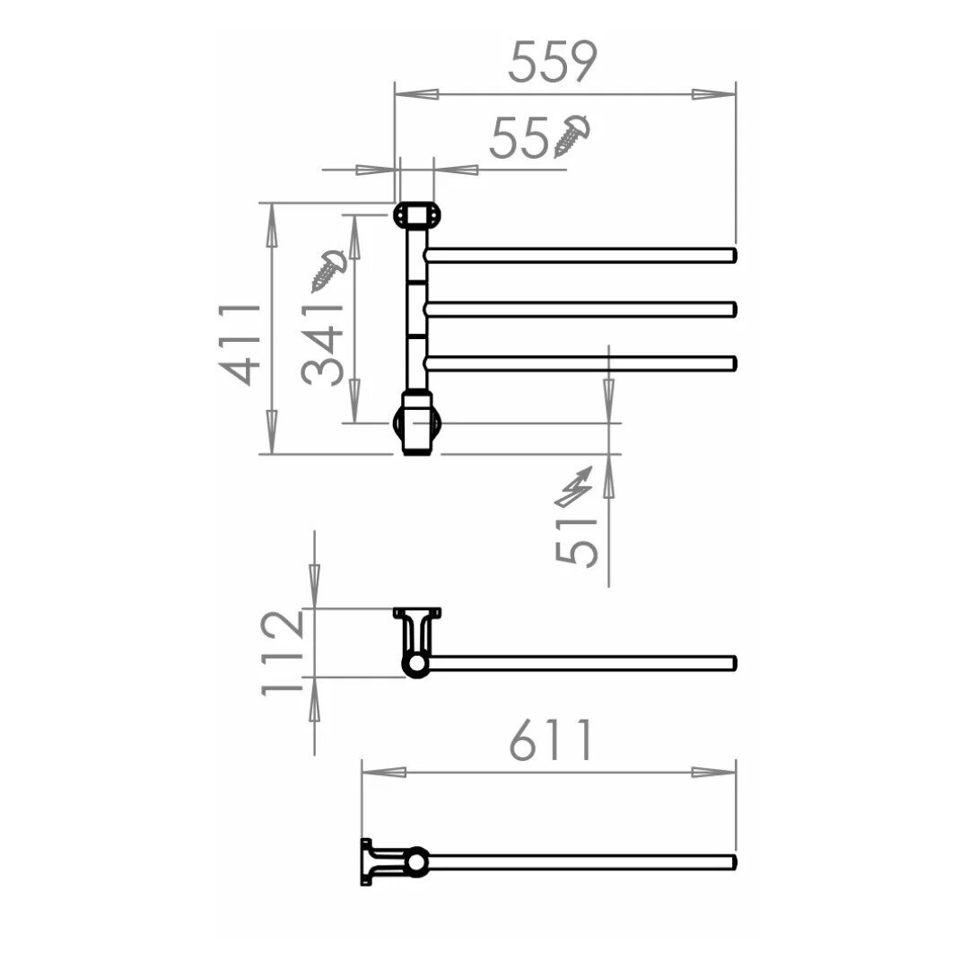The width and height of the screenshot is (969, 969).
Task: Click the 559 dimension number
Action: point(553,61)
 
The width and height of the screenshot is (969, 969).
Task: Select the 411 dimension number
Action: point(240,345)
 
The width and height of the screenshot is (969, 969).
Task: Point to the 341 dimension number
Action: point(323,345)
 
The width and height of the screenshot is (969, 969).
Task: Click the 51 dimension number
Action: point(576,543)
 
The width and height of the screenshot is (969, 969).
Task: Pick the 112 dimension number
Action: point(283,653)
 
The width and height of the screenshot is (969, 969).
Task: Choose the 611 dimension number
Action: point(551,739)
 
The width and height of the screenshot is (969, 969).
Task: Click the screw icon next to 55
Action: point(572,135)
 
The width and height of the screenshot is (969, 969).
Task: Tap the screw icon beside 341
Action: point(328,271)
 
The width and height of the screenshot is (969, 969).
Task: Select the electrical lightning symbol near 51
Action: point(574,487)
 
